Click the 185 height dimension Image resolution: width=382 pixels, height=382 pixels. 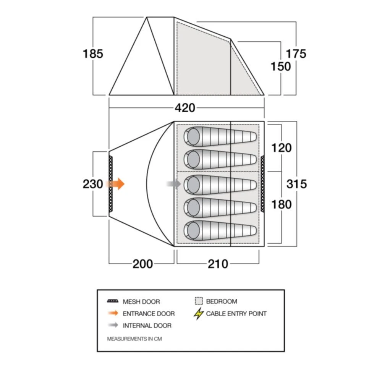[93, 54]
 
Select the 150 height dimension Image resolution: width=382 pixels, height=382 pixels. [281, 66]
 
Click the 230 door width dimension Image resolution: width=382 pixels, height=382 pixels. [93, 184]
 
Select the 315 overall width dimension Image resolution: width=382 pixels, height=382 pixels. [297, 184]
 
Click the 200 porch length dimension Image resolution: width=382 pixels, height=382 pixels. [142, 264]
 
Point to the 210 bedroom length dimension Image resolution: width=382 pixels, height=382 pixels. [218, 264]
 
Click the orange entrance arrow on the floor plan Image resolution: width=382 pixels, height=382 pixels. [117, 184]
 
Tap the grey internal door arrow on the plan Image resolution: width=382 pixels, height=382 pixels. [174, 184]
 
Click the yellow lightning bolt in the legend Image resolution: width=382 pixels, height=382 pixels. [198, 314]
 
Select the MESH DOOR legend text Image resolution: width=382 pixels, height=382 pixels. [141, 302]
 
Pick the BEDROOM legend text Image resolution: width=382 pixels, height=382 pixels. [221, 301]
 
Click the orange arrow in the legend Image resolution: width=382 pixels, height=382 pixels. [113, 314]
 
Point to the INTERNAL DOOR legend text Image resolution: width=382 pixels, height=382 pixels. [147, 326]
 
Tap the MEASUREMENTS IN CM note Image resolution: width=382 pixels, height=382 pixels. [134, 339]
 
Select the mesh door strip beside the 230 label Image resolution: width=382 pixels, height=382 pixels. [111, 184]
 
